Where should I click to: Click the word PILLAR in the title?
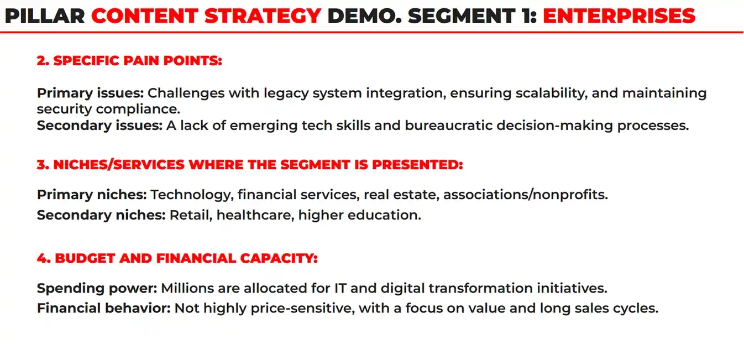[45, 16]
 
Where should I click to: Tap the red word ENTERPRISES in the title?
[619, 16]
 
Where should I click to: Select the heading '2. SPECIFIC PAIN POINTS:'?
[129, 60]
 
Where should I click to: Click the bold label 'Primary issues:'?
[90, 93]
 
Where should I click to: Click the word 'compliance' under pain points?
[138, 109]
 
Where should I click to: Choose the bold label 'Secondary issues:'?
[99, 126]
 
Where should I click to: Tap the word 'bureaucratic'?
[449, 126]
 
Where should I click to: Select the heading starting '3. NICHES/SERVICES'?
[250, 165]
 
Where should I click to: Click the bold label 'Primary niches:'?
[92, 195]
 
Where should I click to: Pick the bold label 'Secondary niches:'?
[101, 215]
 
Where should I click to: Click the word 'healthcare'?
[255, 215]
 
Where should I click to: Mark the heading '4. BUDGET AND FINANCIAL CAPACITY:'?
[177, 258]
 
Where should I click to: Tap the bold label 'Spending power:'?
[97, 288]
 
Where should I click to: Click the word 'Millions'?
[187, 288]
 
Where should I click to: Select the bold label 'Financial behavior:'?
[103, 309]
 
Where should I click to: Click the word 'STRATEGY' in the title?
[263, 16]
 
